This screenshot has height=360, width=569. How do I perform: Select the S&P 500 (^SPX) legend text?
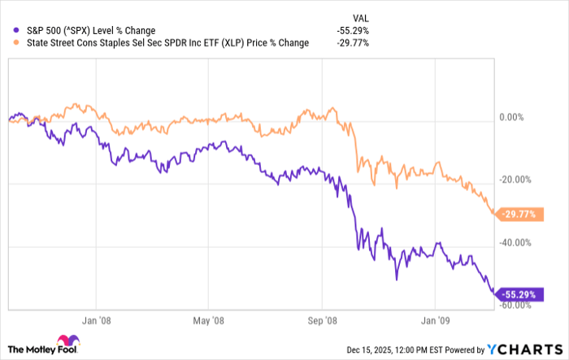[85, 32]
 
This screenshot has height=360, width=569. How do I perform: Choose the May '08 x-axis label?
[208, 320]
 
